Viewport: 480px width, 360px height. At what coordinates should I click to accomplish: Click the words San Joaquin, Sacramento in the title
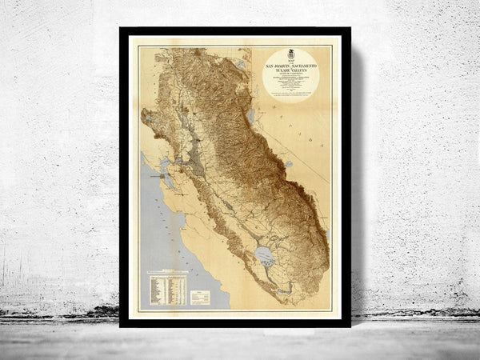(x=290, y=62)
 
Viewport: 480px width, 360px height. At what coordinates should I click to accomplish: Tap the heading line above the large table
(x=167, y=271)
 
